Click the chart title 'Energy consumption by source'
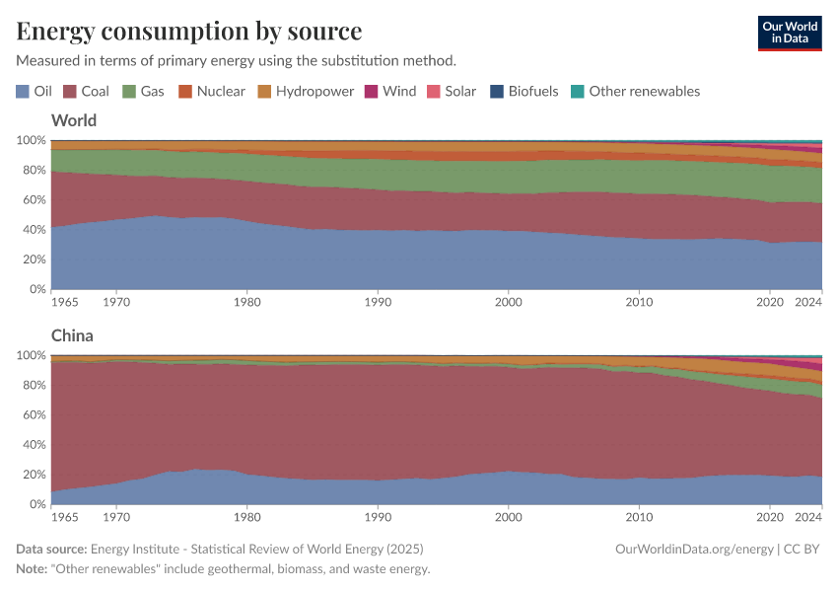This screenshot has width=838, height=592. tap(189, 31)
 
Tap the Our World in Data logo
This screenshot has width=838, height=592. tap(789, 33)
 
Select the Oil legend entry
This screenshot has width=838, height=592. tap(35, 91)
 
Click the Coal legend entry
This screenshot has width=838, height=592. tap(86, 91)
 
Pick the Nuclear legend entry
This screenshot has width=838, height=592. tap(211, 91)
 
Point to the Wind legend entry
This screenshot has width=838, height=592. tap(390, 91)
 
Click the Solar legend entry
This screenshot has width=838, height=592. tap(451, 91)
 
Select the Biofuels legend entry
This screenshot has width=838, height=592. tap(524, 91)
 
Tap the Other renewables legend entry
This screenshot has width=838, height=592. tap(635, 91)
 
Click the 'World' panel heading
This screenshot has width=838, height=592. tap(74, 120)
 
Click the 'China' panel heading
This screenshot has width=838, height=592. tap(72, 335)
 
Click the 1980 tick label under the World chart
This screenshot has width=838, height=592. tap(246, 302)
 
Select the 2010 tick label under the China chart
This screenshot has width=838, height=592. tap(640, 517)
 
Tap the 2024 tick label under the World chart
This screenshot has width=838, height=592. tap(806, 302)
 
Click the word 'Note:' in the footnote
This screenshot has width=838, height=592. tap(33, 569)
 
